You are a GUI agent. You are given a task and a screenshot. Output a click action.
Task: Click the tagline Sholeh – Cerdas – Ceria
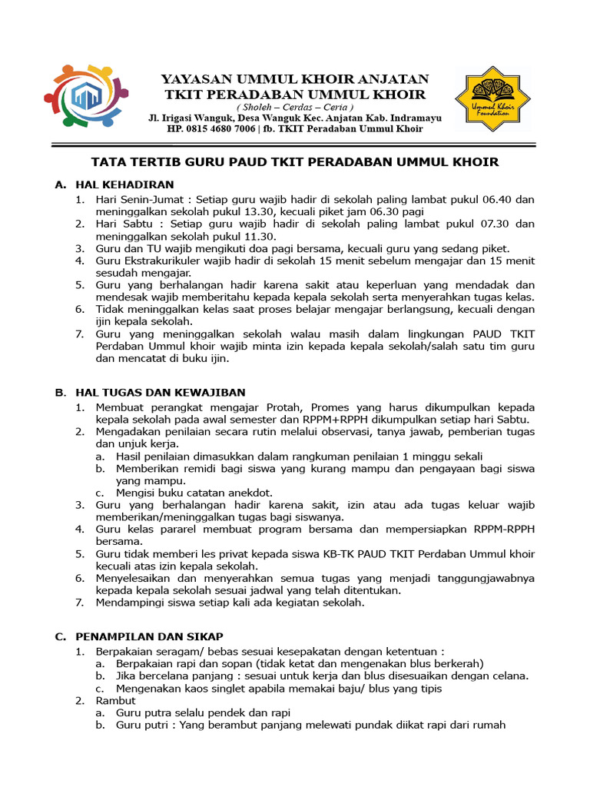[x=295, y=107]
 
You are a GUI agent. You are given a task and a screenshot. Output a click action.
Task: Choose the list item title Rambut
[x=115, y=701]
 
